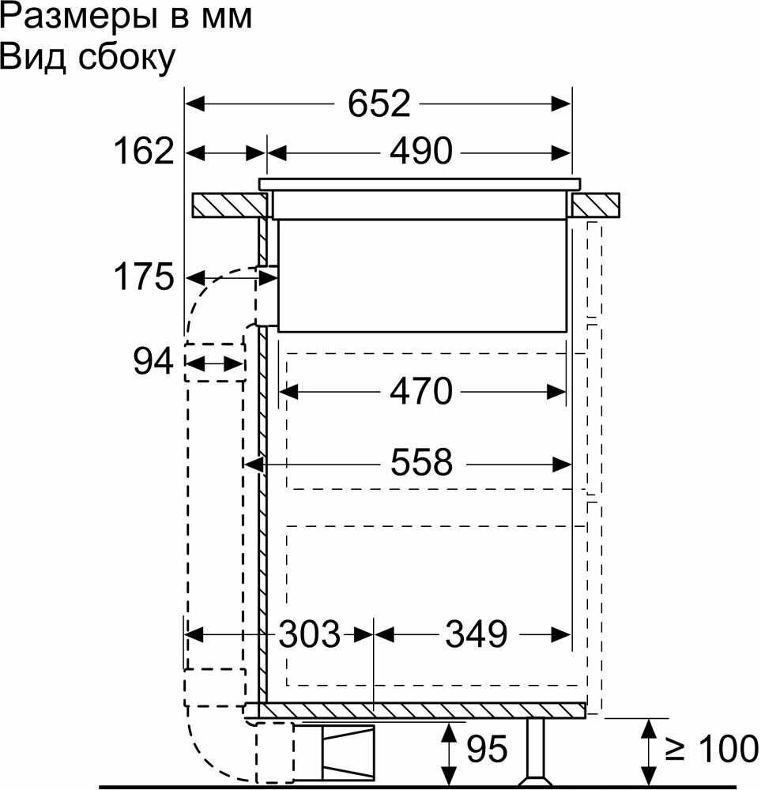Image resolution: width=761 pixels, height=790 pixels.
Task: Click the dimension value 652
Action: (380, 103)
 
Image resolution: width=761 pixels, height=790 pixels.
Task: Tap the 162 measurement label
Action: (143, 150)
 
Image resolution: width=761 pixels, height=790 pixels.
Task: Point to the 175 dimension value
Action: (143, 277)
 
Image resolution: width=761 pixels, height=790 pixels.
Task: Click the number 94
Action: (153, 363)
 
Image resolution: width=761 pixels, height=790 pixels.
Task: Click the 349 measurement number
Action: (474, 634)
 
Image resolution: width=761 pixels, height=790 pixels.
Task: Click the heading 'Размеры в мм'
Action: (126, 17)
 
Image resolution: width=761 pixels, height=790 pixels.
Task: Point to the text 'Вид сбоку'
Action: (87, 58)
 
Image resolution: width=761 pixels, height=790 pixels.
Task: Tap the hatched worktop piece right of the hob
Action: (596, 205)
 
